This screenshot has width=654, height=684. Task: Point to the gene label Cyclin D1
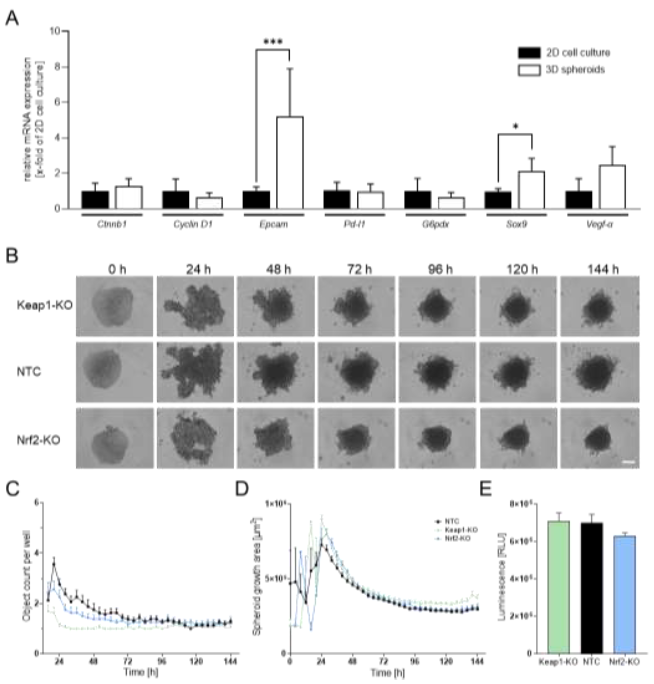(193, 224)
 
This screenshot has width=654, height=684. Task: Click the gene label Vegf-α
(599, 224)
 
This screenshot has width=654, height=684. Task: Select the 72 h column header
(359, 269)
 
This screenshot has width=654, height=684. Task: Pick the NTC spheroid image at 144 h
(600, 372)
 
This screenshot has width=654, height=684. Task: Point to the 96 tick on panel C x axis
(162, 661)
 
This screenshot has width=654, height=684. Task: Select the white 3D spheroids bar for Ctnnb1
(129, 198)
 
